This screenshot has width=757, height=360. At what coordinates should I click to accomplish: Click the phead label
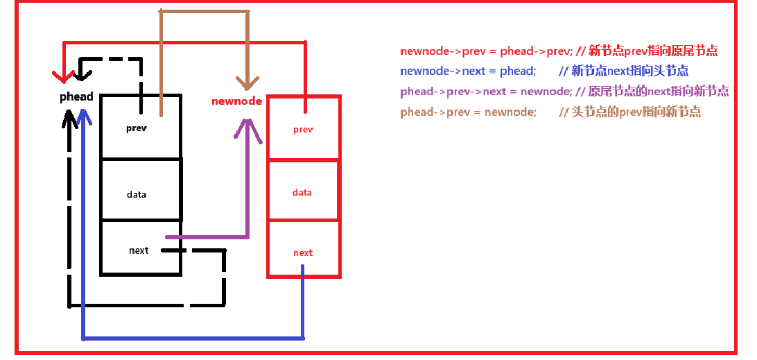(x=76, y=96)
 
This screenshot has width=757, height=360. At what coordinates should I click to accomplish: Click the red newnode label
(x=236, y=101)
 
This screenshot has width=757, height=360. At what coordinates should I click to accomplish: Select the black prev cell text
(x=137, y=128)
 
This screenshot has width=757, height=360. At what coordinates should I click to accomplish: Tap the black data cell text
(x=137, y=194)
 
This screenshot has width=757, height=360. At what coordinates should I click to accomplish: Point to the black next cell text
(x=139, y=250)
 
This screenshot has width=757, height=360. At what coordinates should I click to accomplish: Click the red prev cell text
(x=303, y=130)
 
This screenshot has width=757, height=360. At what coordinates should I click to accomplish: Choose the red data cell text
(x=302, y=192)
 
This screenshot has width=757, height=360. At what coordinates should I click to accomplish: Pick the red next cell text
(x=303, y=252)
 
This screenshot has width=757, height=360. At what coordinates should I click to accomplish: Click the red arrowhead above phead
(x=63, y=74)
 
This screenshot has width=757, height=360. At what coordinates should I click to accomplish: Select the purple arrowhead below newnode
(x=247, y=129)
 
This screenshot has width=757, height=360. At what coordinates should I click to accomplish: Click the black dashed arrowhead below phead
(x=69, y=121)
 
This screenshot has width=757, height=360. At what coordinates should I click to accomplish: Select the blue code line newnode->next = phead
(x=468, y=71)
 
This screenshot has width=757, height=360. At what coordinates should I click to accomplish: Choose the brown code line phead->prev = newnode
(x=468, y=112)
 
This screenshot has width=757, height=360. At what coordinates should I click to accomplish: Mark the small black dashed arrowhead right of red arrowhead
(x=83, y=69)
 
